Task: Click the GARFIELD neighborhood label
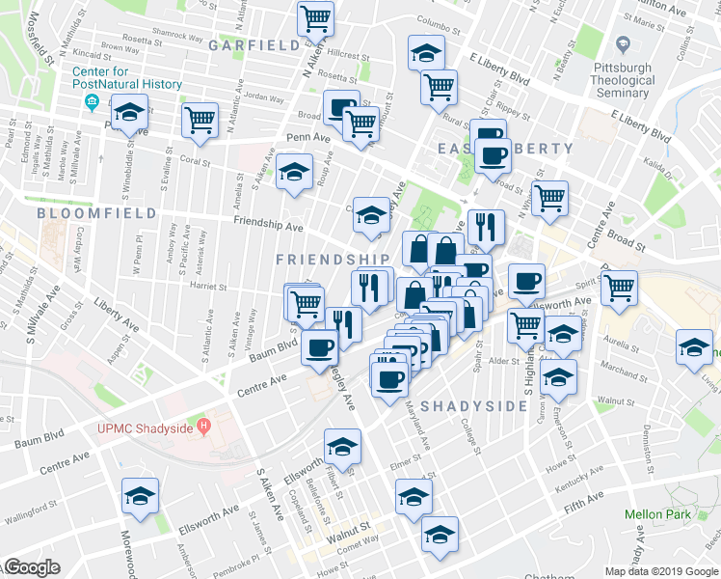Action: tap(254, 45)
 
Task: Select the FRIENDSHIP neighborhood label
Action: tap(333, 260)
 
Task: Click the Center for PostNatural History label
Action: tap(126, 77)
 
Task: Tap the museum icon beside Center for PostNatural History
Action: tap(92, 101)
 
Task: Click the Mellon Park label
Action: tap(657, 514)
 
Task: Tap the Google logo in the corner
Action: tap(31, 567)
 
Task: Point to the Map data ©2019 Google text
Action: tap(659, 571)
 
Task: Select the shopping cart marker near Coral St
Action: tap(199, 121)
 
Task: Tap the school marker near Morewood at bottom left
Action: tap(140, 498)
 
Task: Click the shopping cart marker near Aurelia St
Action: tap(619, 287)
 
